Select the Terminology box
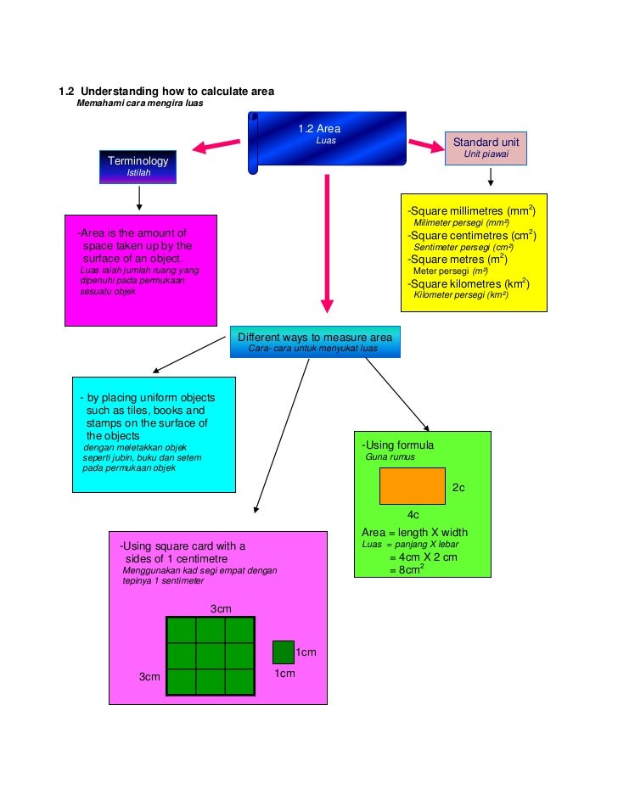point(138,166)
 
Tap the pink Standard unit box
point(486,148)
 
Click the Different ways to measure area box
point(314,341)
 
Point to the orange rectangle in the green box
point(412,487)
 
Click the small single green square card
point(283,652)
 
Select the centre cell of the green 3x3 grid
point(210,656)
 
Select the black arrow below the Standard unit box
point(490,177)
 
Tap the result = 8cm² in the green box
point(407,570)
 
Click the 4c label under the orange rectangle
point(413,515)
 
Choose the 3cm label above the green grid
point(221,609)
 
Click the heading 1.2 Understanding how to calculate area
point(166,92)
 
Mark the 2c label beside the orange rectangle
point(458,488)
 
